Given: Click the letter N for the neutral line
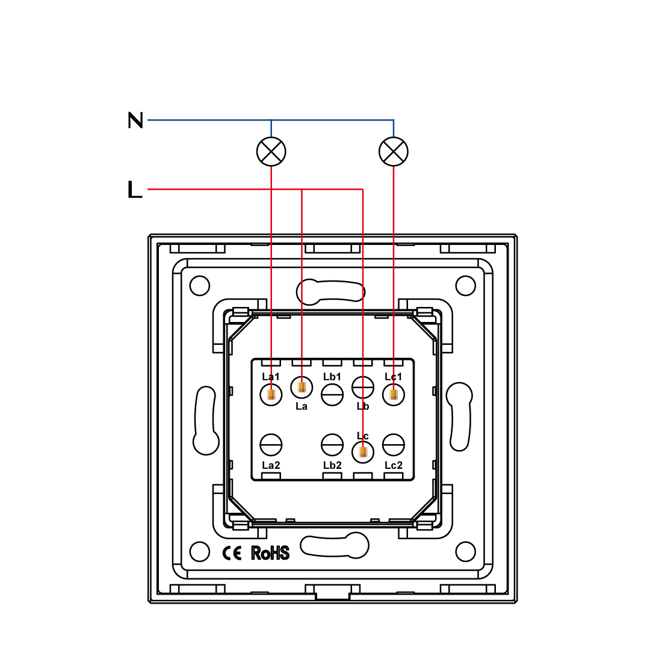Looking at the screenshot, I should pyautogui.click(x=135, y=120).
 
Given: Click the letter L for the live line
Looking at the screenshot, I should pyautogui.click(x=135, y=190).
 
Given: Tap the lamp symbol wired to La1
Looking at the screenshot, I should pyautogui.click(x=271, y=151).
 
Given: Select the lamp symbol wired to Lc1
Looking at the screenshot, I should pyautogui.click(x=394, y=151).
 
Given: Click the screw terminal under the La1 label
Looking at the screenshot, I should pyautogui.click(x=271, y=395).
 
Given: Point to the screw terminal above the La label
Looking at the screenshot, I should pyautogui.click(x=302, y=387).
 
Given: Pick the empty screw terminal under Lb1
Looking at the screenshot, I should pyautogui.click(x=332, y=395).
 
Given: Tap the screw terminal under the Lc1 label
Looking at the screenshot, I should pyautogui.click(x=394, y=395).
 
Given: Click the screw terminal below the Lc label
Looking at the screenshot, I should pyautogui.click(x=363, y=451).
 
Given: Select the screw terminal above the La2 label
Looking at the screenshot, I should pyautogui.click(x=271, y=445).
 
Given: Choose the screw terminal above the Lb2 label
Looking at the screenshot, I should pyautogui.click(x=332, y=445).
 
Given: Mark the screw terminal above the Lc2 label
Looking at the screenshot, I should pyautogui.click(x=394, y=445).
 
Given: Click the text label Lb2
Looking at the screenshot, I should pyautogui.click(x=332, y=465).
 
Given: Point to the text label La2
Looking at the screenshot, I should pyautogui.click(x=271, y=465).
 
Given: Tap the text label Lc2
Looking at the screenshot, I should pyautogui.click(x=394, y=465).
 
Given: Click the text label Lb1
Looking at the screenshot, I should pyautogui.click(x=332, y=377).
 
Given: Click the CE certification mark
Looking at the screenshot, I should pyautogui.click(x=232, y=553).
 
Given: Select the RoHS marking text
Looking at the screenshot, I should pyautogui.click(x=270, y=553).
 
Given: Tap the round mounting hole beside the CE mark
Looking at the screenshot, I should pyautogui.click(x=200, y=551).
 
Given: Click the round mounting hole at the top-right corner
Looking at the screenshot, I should pyautogui.click(x=465, y=286).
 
